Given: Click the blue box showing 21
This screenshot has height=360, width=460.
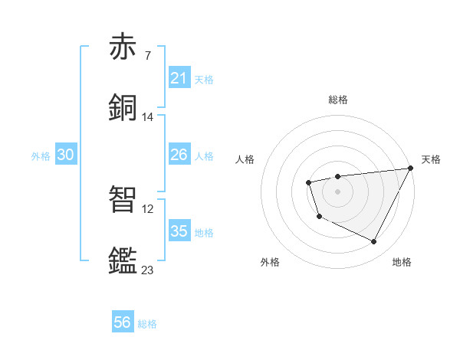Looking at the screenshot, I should coord(179,77).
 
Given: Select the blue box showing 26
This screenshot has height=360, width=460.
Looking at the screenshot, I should coord(179,155).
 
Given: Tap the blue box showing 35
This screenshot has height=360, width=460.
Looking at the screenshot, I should coord(179,231).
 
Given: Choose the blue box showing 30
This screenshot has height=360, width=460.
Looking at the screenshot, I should coord(66,155).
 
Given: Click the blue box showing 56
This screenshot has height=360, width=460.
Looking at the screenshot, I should coord(123,322).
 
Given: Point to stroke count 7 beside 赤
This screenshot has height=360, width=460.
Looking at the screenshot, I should coord(147,56).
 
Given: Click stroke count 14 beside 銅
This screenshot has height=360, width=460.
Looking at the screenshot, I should coord(148,117).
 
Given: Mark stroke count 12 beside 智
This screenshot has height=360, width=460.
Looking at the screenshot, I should coord(148,208).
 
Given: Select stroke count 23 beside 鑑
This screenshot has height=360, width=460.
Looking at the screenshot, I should coord(148,270).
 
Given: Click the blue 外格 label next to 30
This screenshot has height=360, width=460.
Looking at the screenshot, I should coord(41,155).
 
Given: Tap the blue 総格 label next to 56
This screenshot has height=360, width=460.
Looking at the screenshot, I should coord(147,324).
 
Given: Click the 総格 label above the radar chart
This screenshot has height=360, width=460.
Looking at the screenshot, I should coord(337,100).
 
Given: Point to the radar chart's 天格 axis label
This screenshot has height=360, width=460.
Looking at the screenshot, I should coord(431,159).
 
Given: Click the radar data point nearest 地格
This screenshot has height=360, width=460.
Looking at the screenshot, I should coord(374,242).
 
